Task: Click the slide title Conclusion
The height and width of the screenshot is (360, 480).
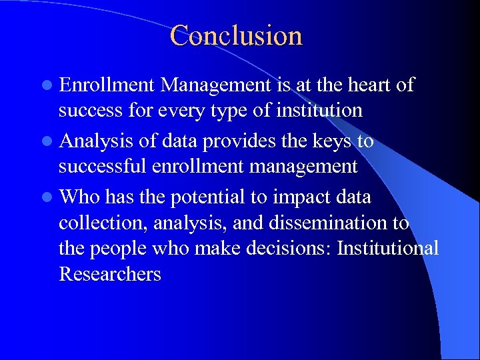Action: click(x=236, y=35)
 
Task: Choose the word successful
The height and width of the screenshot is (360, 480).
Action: click(x=100, y=166)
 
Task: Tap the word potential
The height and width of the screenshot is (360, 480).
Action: click(x=209, y=197)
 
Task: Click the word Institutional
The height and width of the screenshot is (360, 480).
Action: click(x=388, y=249)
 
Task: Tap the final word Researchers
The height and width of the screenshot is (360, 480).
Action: click(x=110, y=273)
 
